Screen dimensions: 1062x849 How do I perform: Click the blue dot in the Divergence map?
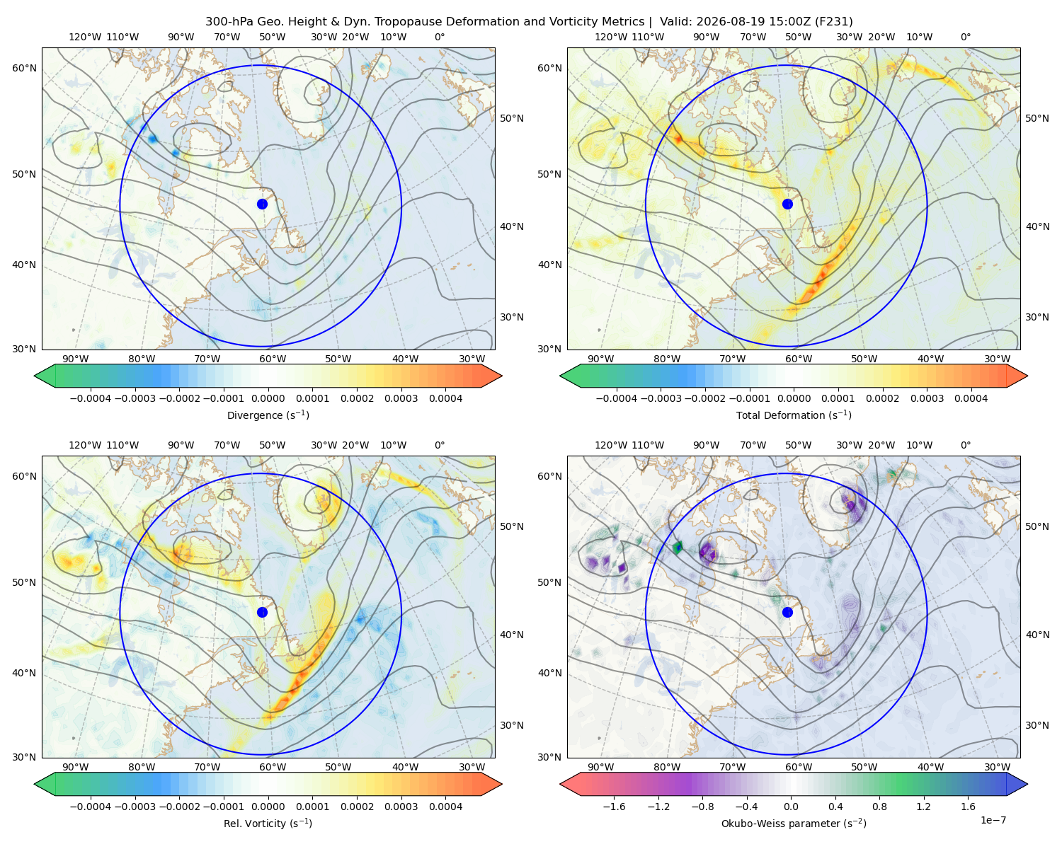[x=262, y=204]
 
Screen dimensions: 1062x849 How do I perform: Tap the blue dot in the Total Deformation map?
[x=787, y=204]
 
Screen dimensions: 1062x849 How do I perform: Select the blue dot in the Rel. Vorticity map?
[x=262, y=612]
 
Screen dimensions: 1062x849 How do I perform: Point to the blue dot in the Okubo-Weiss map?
[x=787, y=612]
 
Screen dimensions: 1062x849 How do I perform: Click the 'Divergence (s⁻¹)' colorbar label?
[x=268, y=415]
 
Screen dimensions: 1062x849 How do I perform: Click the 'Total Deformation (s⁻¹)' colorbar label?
[x=794, y=415]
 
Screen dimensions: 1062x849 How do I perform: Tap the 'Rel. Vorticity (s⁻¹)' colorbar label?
[x=268, y=823]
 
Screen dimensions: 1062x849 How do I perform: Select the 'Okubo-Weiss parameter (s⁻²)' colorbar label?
[x=794, y=823]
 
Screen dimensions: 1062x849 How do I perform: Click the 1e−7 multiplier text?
[x=993, y=820]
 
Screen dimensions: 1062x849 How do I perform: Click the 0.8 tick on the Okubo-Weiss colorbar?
[x=879, y=806]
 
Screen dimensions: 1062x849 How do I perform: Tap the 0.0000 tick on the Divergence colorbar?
[x=268, y=398]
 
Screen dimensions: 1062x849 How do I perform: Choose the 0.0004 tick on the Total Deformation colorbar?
[x=971, y=398]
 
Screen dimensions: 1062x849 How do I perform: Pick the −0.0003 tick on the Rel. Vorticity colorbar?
[x=135, y=806]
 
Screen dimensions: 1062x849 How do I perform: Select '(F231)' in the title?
[x=834, y=22]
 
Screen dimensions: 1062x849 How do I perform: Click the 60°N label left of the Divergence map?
[x=24, y=68]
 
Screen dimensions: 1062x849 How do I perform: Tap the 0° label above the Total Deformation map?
[x=965, y=37]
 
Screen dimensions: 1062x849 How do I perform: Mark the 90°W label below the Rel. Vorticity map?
[x=76, y=767]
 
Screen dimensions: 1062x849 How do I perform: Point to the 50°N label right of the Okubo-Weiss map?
[x=1037, y=526]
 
